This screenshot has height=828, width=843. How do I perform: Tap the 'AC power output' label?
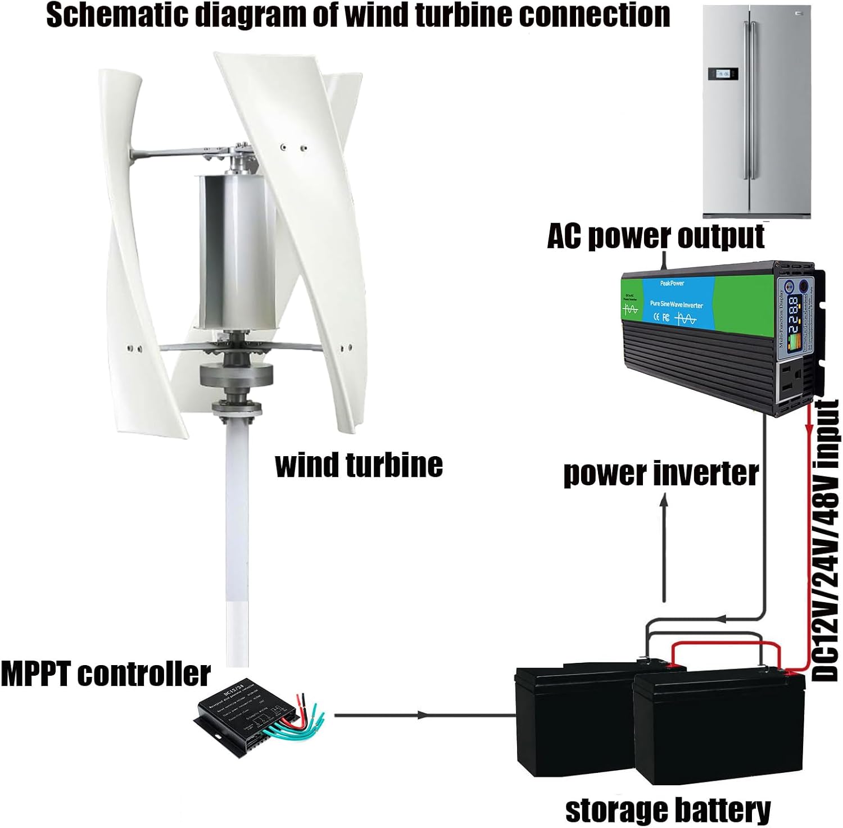pos(655,236)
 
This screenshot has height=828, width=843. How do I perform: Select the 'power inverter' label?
pos(661,473)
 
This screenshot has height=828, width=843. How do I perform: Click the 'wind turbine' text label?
pos(359,465)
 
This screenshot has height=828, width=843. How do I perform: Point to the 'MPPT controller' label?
pos(105,674)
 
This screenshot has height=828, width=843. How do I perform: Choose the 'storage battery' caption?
pos(668,810)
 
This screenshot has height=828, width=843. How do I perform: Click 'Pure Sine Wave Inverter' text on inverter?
pos(676,304)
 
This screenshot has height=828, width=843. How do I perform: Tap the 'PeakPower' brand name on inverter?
pos(672,283)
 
